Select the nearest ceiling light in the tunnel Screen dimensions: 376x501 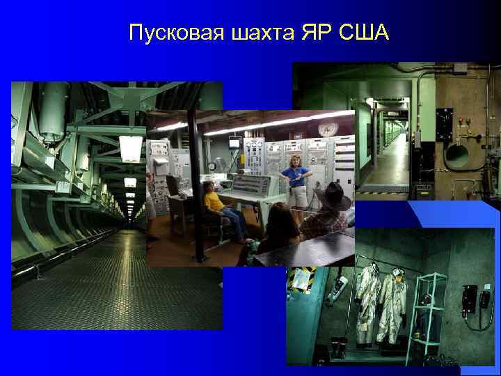point(130,148)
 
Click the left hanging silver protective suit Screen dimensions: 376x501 point(367,299)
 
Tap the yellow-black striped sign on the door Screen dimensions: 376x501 point(302,279)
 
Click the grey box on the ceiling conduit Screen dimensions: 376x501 point(460,68)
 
